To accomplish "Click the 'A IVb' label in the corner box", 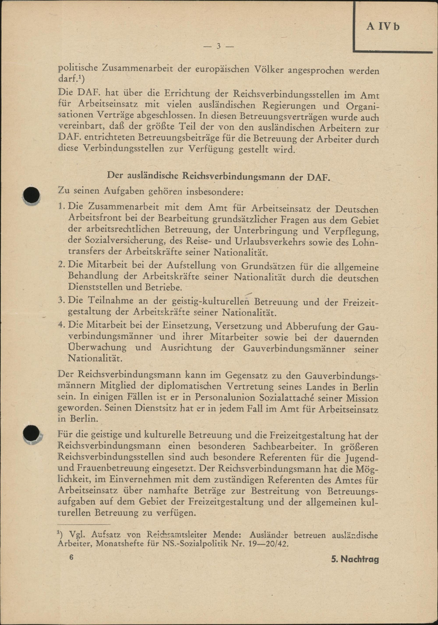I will pos(383,27).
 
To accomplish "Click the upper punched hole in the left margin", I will pos(32,195).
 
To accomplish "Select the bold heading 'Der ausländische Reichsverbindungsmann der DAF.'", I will pos(219,176).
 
